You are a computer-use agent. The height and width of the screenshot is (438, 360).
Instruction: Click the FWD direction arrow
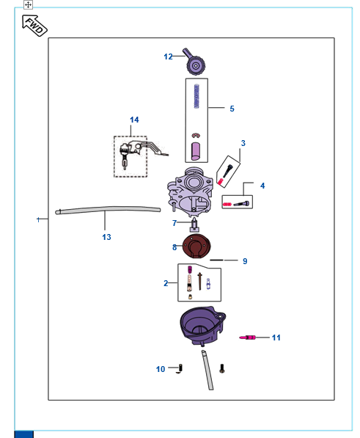34,26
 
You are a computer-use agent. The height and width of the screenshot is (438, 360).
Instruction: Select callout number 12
168,56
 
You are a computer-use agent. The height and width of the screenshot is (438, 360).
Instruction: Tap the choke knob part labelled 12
194,62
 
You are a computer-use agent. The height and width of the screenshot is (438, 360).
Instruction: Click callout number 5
232,109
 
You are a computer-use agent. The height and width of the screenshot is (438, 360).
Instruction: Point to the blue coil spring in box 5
196,96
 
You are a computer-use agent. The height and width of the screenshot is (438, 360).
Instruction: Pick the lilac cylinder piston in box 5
196,151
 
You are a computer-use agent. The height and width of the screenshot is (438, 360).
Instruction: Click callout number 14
134,120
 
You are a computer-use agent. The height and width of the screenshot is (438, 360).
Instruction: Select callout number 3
243,143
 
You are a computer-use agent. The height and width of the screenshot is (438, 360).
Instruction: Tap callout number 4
262,186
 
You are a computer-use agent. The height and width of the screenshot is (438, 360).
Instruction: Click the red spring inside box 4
227,205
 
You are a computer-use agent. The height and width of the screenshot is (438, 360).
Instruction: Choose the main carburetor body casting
190,192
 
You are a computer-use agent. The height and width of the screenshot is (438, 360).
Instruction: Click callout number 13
106,237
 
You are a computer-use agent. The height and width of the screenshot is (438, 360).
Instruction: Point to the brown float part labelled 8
196,247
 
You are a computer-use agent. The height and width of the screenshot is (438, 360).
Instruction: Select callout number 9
245,261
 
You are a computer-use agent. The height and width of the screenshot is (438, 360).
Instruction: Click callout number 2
166,283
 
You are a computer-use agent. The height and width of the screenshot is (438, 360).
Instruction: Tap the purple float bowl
202,326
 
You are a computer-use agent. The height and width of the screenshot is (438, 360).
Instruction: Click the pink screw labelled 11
247,337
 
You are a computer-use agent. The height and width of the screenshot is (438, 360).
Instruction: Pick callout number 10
161,369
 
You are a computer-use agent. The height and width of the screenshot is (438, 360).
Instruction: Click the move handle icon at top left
28,4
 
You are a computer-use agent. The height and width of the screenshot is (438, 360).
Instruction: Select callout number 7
175,223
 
